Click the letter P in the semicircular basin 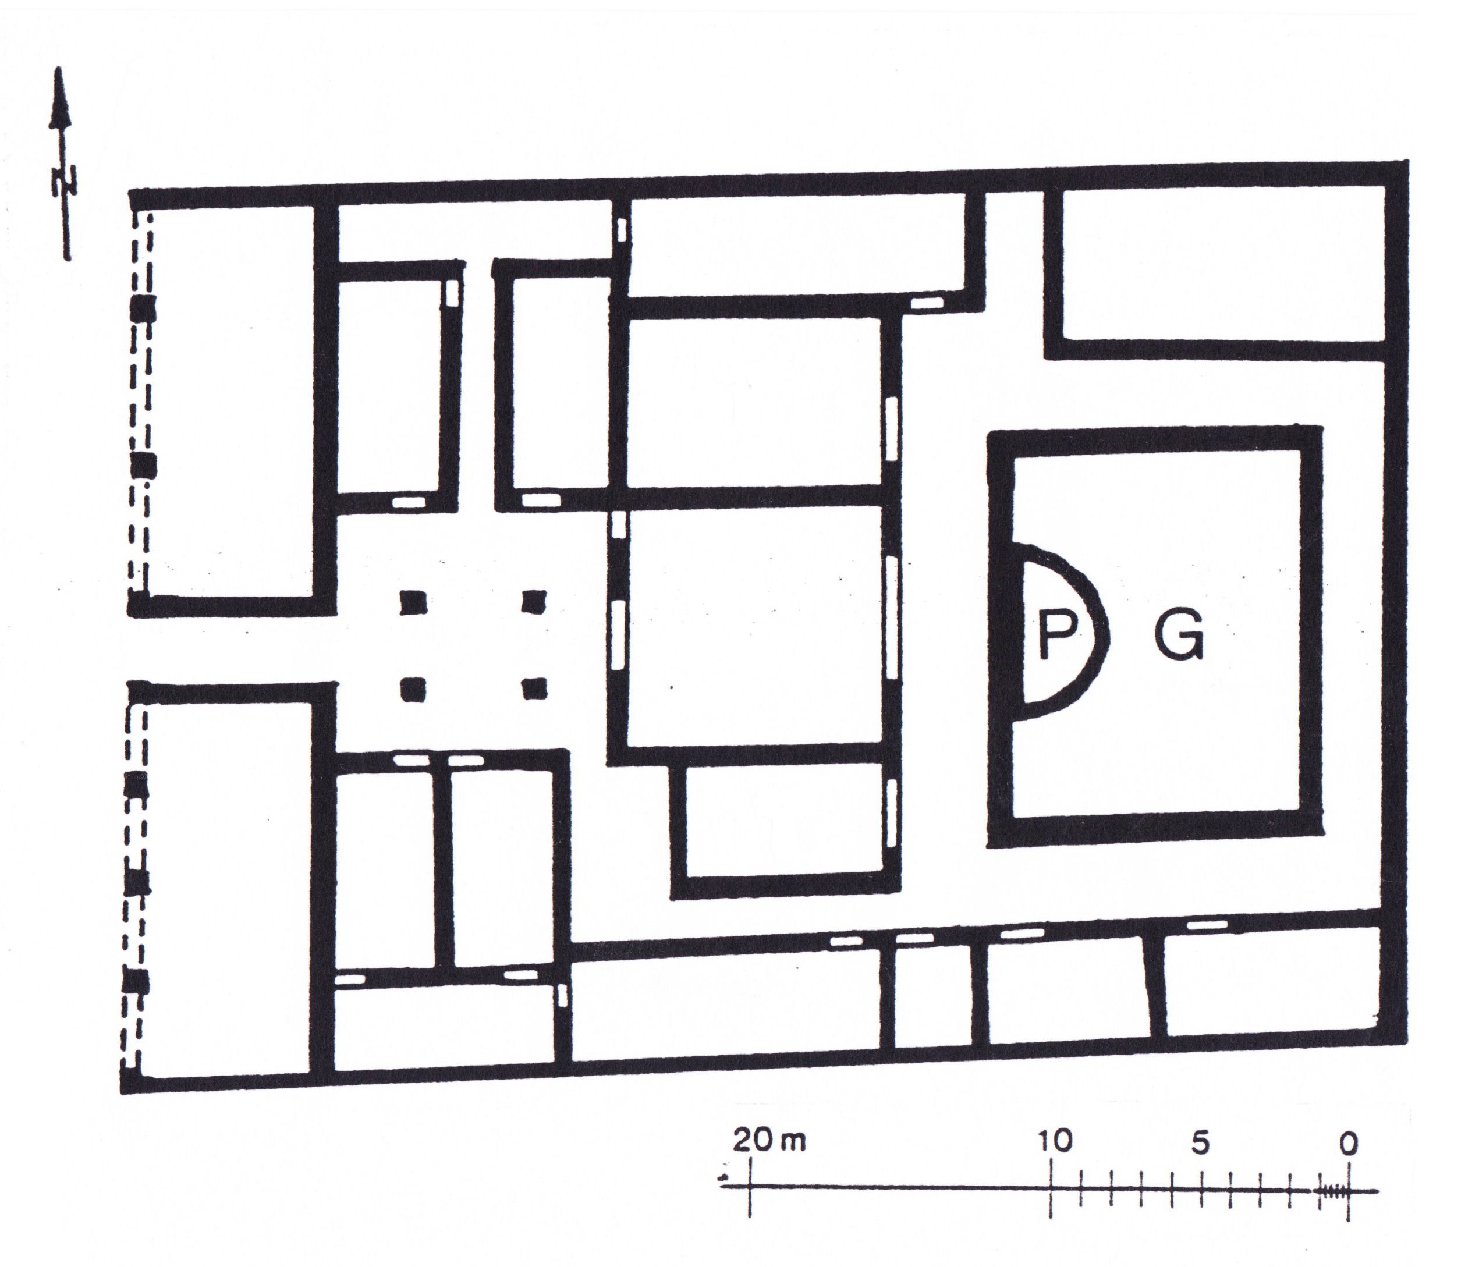click(x=1056, y=636)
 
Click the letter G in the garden click(x=1179, y=636)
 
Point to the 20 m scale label click(x=769, y=1141)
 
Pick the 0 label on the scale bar click(x=1347, y=1144)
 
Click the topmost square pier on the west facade click(x=143, y=310)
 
